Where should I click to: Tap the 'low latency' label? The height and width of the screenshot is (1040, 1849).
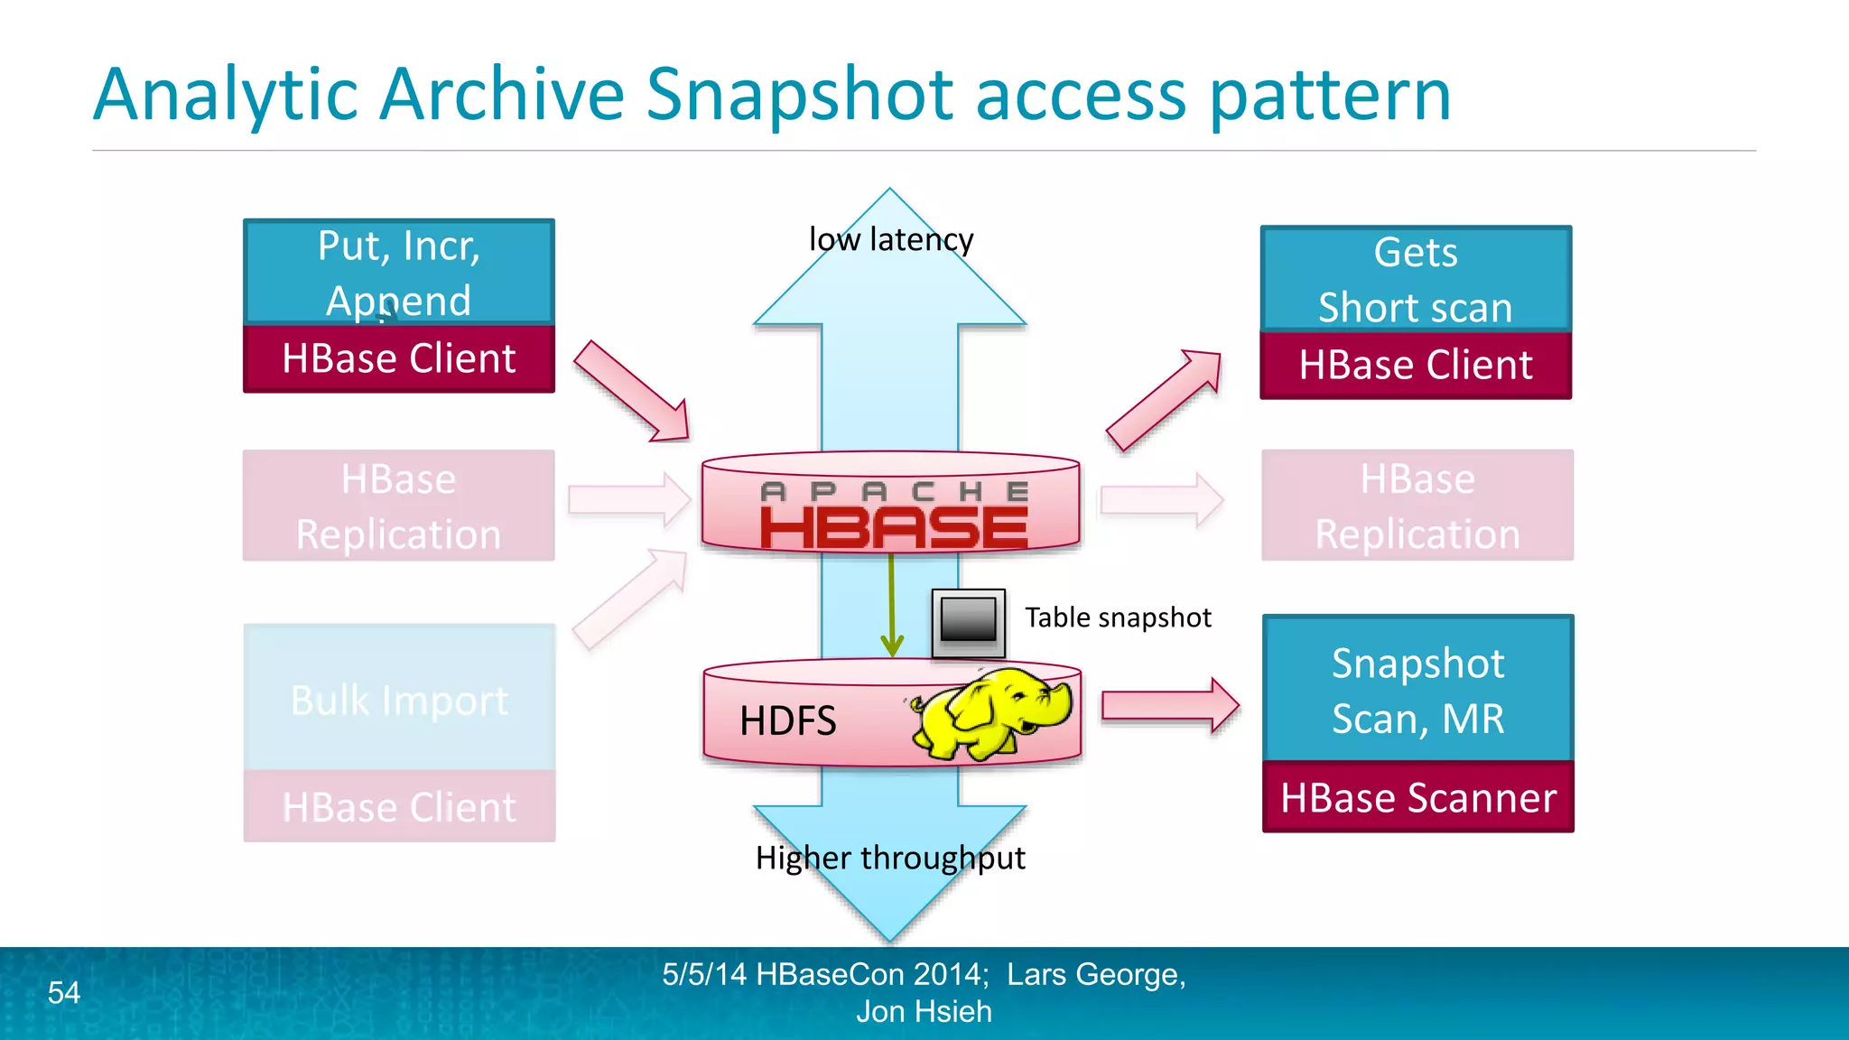coord(890,239)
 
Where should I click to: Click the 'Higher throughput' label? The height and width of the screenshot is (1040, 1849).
coord(890,858)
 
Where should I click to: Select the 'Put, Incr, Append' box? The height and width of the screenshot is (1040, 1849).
coord(399,272)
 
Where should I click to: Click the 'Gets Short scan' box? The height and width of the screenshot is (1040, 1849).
coord(1416,279)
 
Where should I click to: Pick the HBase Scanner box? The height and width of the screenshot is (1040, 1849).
coord(1417,798)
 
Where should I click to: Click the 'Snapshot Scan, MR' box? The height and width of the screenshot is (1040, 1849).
coord(1417,691)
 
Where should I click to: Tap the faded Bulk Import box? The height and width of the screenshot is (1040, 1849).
coord(399,700)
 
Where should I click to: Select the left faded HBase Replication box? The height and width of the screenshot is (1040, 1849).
coord(399,506)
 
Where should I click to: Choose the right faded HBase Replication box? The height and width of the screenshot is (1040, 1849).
coord(1417,506)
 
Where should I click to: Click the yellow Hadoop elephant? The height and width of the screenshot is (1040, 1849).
coord(993,712)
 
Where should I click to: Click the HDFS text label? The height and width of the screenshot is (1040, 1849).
coord(787,721)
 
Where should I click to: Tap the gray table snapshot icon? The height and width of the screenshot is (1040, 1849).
coord(968,622)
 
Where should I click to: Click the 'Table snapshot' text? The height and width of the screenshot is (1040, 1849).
coord(1118,617)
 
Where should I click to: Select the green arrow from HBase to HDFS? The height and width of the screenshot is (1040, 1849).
coord(892,605)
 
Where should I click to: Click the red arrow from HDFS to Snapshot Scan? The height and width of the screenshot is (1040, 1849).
coord(1170,705)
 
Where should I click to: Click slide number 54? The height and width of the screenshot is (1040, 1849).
coord(64,993)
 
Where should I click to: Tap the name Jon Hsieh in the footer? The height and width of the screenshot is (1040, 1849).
coord(924,1012)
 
